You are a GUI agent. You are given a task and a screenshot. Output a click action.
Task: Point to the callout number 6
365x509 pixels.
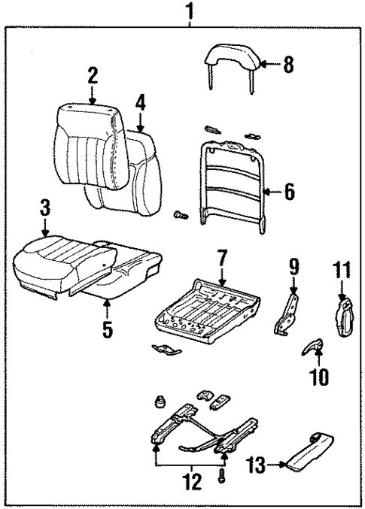pyautogui.click(x=289, y=191)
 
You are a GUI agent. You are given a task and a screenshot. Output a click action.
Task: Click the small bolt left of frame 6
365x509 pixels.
pyautogui.click(x=180, y=216)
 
